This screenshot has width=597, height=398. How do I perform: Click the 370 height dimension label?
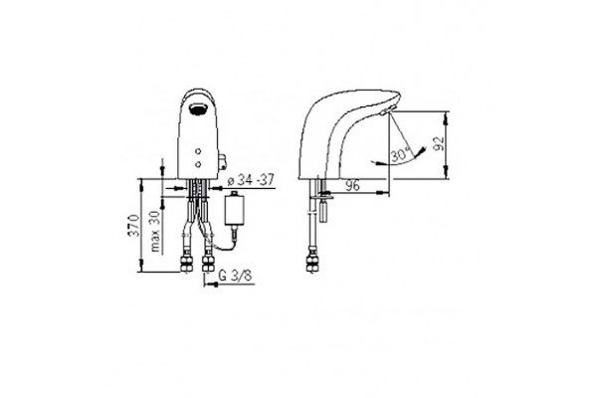click(x=133, y=226)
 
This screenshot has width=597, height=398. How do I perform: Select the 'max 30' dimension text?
click(x=156, y=231)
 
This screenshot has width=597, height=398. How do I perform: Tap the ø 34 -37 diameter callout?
click(x=251, y=180)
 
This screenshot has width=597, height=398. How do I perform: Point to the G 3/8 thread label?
click(x=236, y=276)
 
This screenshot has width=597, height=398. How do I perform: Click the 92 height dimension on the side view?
click(x=440, y=143)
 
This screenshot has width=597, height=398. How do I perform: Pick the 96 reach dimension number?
click(x=352, y=185)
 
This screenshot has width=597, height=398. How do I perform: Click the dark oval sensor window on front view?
click(x=198, y=109)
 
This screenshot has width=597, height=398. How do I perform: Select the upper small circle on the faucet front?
click(x=198, y=151)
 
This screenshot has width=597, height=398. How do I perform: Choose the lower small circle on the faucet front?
click(x=198, y=164)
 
